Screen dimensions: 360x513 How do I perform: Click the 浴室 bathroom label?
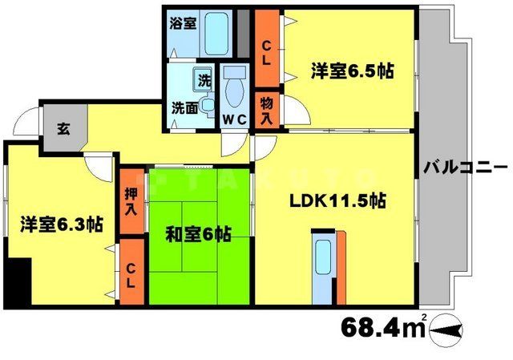pos(183,23)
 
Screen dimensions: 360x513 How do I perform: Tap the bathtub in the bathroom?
pos(216,32)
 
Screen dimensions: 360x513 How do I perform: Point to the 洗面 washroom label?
pos(184,107)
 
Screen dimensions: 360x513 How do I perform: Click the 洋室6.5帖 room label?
pos(352,71)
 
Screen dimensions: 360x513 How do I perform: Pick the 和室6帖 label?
pos(198,234)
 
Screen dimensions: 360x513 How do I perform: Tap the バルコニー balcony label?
pos(464,168)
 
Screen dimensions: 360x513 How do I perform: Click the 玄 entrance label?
pos(61,127)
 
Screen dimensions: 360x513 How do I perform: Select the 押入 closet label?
pos(131,203)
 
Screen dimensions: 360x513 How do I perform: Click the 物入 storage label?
pos(266,110)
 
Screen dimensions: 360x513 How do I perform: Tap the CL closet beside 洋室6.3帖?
pos(130,272)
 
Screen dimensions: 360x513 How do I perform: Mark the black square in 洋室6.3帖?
pos(16,280)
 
